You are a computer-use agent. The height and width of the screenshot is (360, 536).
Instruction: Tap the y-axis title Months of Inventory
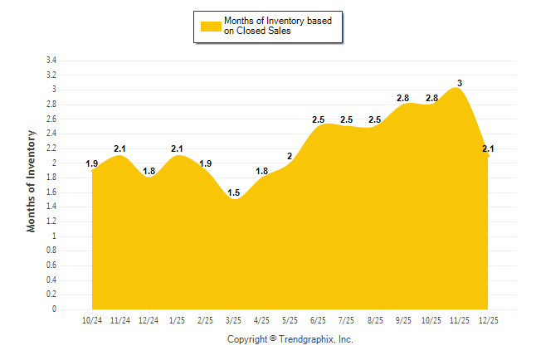point(32,180)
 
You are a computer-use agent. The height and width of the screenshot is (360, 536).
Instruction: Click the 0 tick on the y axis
point(54,309)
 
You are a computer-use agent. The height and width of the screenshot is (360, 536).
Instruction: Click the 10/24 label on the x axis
point(91,320)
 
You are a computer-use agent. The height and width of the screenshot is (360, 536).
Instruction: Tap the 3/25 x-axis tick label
point(233,320)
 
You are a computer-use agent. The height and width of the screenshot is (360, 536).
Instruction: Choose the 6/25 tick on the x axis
point(318,320)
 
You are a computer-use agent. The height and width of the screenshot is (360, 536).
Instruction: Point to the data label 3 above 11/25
point(460,83)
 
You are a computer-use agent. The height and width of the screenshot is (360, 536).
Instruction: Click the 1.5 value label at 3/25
point(233,192)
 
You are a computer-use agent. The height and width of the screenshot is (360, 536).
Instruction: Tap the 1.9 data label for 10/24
point(91,163)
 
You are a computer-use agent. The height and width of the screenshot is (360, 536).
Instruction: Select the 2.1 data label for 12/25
point(488,149)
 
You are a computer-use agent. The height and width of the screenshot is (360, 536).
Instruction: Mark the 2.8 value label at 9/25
point(402,98)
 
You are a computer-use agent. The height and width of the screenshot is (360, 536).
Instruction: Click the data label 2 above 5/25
point(290,156)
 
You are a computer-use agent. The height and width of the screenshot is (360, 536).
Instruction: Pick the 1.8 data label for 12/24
point(149,171)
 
